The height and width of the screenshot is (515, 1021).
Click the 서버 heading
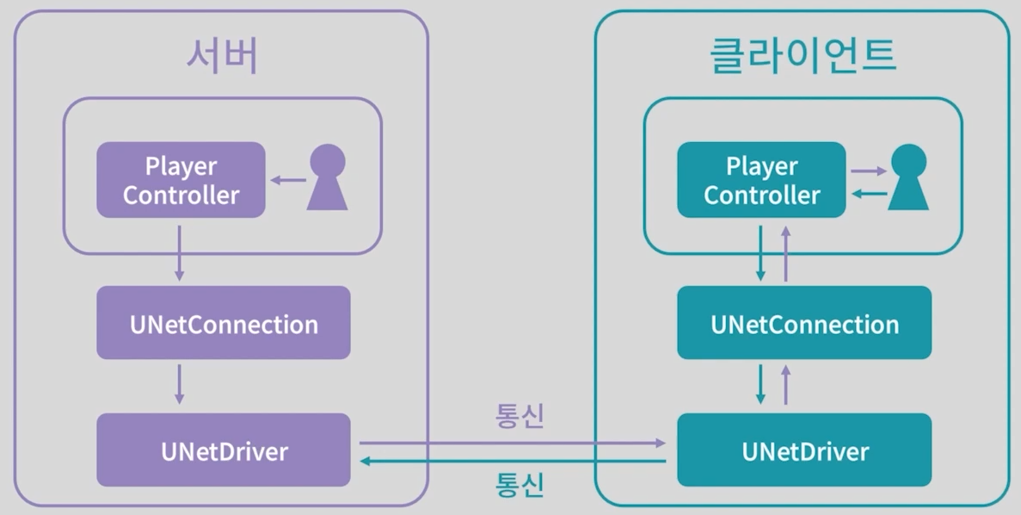222,57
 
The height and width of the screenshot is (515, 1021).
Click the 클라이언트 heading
803,57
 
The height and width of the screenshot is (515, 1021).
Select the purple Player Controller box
181,180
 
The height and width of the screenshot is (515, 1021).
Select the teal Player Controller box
761,180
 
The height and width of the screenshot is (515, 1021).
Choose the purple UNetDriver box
224,450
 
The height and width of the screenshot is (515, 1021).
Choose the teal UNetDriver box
804,450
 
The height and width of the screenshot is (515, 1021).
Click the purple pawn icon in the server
328,178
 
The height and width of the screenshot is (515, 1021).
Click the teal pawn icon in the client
908,178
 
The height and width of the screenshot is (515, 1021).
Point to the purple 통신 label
520,417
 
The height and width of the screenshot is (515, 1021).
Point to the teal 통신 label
520,484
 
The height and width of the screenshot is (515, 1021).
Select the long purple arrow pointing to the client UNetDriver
513,443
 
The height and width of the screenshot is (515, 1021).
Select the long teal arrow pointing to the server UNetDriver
513,462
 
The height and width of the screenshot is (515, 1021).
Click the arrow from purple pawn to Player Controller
289,180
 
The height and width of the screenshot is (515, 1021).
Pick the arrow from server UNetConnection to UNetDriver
179,384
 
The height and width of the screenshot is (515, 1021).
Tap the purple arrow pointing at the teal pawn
868,171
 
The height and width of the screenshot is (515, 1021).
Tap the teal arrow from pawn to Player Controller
868,194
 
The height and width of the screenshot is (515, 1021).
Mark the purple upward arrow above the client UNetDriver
785,384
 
